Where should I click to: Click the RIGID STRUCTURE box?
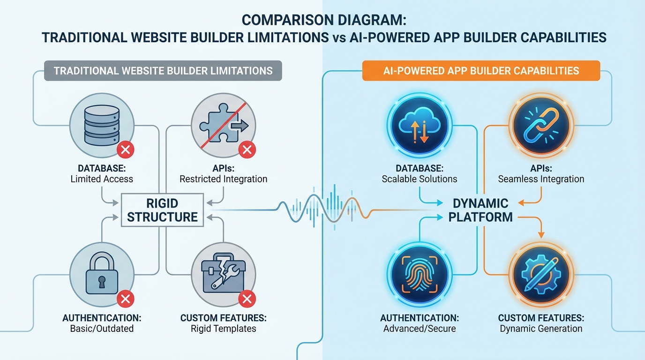[x=163, y=210]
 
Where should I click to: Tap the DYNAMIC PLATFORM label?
[x=481, y=210]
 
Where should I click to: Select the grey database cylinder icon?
[x=102, y=125]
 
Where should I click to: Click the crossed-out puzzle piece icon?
[x=223, y=125]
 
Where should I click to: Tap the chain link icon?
[x=541, y=124]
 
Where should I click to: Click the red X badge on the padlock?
[x=125, y=298]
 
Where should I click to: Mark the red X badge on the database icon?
[x=125, y=150]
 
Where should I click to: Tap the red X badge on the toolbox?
[x=247, y=298]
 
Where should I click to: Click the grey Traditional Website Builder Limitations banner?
[x=163, y=71]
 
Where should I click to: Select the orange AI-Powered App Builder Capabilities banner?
[x=481, y=71]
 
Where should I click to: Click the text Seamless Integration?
[x=541, y=179]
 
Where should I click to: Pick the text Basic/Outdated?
[x=102, y=328]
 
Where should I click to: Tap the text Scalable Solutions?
[x=419, y=179]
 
